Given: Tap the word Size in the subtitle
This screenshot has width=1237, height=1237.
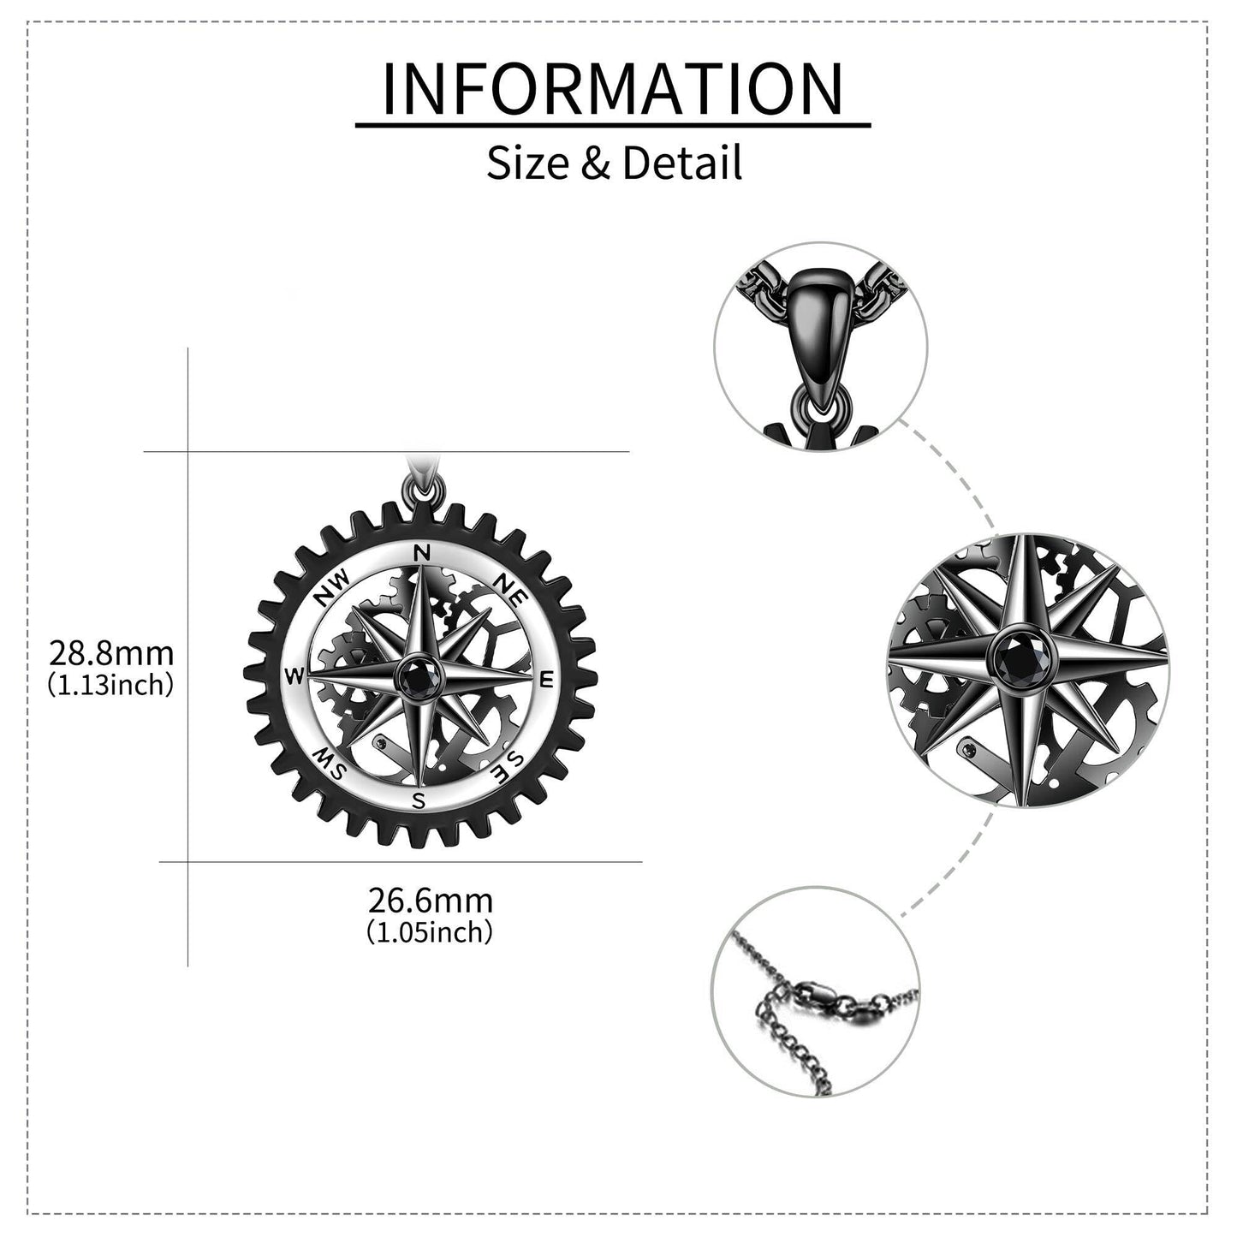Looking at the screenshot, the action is click(527, 163).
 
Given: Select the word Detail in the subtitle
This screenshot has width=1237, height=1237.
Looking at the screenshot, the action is click(682, 163).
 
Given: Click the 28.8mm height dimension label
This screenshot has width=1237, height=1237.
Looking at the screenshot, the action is click(111, 654).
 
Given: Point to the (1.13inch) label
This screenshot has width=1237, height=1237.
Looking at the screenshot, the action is click(111, 685).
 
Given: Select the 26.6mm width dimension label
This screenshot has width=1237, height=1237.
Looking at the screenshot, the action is click(430, 901).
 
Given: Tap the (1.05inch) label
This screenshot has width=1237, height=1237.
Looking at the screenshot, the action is click(430, 931).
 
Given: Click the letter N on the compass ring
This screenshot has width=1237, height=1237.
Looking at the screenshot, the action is click(421, 552).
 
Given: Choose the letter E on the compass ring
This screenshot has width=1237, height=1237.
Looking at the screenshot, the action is click(547, 679).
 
